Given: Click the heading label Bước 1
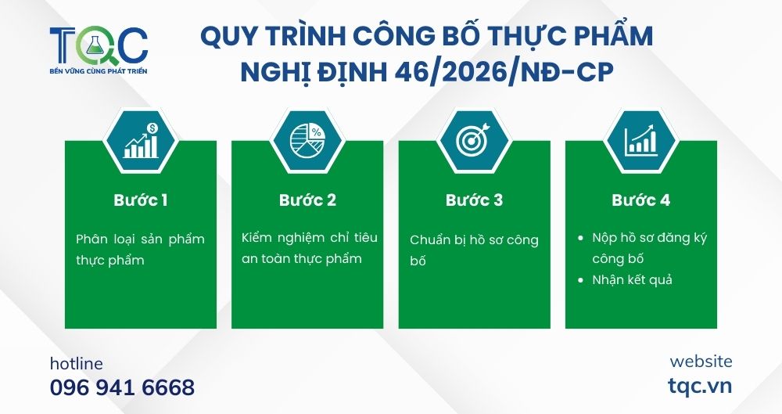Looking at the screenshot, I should coord(141,200).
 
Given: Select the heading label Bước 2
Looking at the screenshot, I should coord(307,200).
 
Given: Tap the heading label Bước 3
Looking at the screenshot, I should coord(474,200).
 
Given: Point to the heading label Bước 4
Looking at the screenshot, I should coord(640,200).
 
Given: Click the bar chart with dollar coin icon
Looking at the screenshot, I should coord(141,142).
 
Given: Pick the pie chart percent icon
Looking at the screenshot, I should coord(307,142).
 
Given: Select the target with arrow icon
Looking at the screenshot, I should coord(474,142).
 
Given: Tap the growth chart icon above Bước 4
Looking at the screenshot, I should coord(640,142).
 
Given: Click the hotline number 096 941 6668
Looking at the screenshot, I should coord(122,387).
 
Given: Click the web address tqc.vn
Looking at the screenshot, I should coord(700,386).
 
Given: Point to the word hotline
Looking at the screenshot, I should coord(76,364).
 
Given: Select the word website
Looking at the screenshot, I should coord(701,362).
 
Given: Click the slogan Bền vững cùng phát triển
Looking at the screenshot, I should coord(98,71).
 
